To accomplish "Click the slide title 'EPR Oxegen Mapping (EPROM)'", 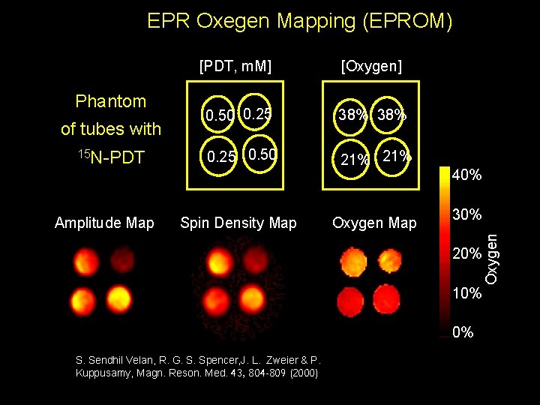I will [x=300, y=21].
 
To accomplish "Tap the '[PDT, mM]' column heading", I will [x=235, y=67].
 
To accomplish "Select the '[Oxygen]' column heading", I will [x=371, y=67].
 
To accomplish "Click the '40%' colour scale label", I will [x=466, y=175].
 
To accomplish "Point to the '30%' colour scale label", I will [x=466, y=214].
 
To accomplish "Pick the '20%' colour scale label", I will [x=466, y=253].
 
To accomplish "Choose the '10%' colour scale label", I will [x=466, y=292].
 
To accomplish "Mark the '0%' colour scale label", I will [x=463, y=332].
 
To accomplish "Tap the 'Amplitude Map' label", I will [x=104, y=223].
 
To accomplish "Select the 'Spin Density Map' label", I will [x=238, y=223].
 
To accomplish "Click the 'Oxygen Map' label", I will [x=374, y=223].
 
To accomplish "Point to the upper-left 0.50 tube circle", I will [x=220, y=116].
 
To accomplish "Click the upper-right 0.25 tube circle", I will [x=256, y=114].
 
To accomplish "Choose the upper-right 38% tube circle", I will [x=391, y=115].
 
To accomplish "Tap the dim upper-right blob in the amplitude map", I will [x=121, y=261].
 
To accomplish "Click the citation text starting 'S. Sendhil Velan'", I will [x=198, y=366].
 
